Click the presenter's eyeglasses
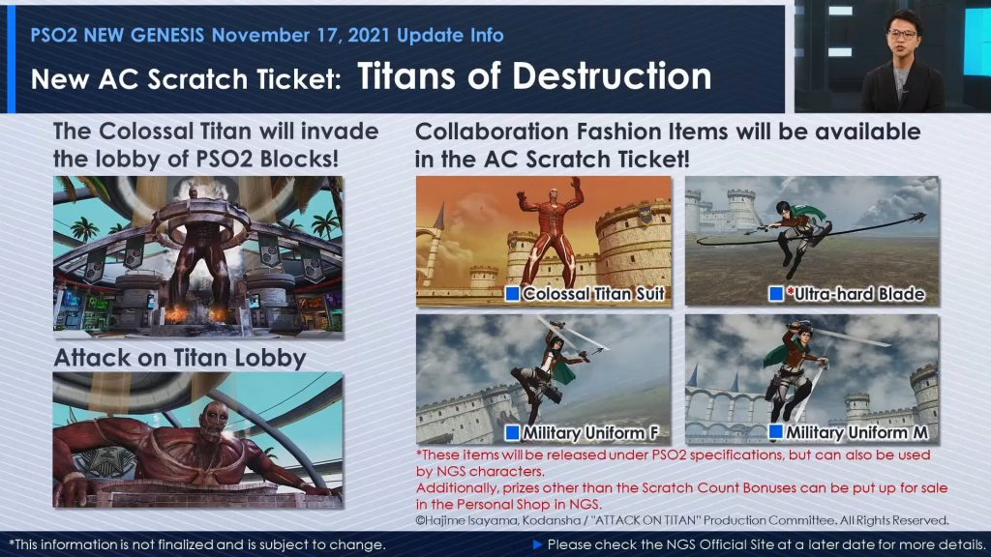click(x=902, y=34)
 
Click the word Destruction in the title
click(x=612, y=76)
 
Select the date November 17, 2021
click(x=301, y=36)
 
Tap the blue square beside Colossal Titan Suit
click(x=512, y=293)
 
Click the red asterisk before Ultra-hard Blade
click(x=790, y=291)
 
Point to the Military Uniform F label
click(x=590, y=432)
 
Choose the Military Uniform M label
click(x=856, y=432)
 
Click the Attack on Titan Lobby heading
click(x=179, y=358)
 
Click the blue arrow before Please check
click(x=537, y=544)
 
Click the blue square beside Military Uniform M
click(x=775, y=432)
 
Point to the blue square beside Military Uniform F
click(x=512, y=432)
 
